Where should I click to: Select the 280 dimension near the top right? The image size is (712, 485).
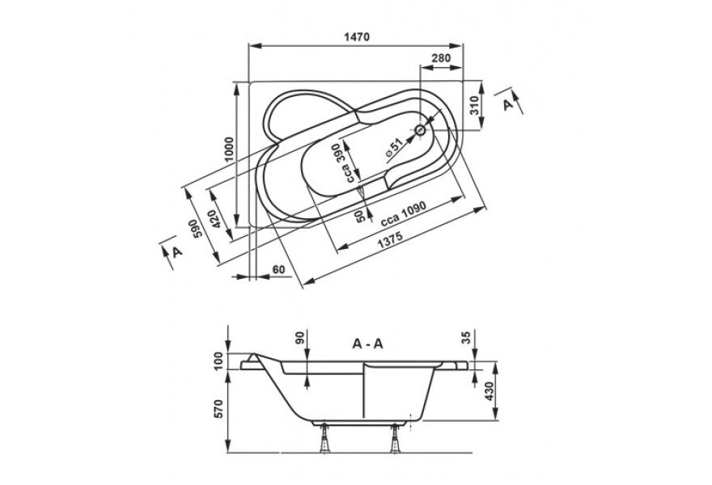(441, 58)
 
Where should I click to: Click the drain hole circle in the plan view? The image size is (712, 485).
(421, 130)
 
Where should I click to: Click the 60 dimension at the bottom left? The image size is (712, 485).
(279, 268)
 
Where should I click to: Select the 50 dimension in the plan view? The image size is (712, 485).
(360, 214)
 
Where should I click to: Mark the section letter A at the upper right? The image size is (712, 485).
(508, 104)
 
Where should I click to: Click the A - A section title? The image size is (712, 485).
(367, 344)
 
